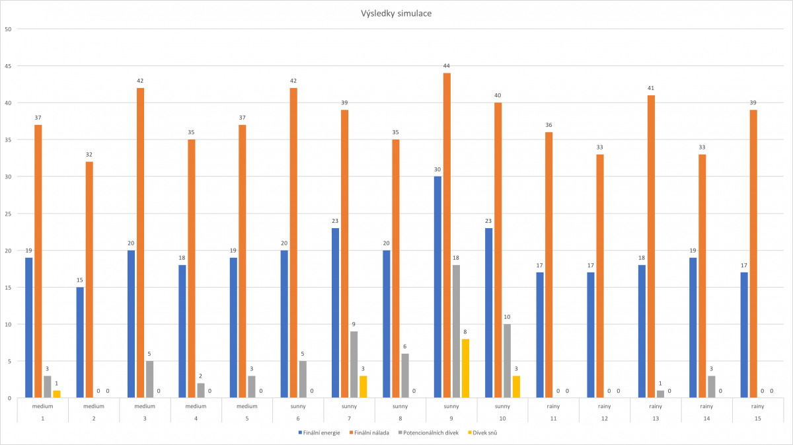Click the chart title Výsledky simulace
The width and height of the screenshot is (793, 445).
pyautogui.click(x=397, y=13)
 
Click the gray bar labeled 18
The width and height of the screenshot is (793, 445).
pyautogui.click(x=456, y=331)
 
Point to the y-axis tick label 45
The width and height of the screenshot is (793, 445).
pyautogui.click(x=8, y=66)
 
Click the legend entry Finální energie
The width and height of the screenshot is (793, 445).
pyautogui.click(x=321, y=433)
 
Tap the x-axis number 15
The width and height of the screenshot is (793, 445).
pyautogui.click(x=758, y=417)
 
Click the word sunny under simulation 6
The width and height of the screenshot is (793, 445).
pyautogui.click(x=298, y=407)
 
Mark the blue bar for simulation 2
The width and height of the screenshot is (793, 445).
pyautogui.click(x=80, y=343)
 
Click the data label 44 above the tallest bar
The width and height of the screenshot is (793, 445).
pyautogui.click(x=447, y=66)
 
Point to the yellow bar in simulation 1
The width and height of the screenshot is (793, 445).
pyautogui.click(x=56, y=394)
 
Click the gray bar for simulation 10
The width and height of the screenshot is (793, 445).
pyautogui.click(x=507, y=361)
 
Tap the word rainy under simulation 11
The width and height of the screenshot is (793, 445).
pyautogui.click(x=554, y=407)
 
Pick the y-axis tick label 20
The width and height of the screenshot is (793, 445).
pyautogui.click(x=8, y=251)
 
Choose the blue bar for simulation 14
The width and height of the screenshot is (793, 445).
pyautogui.click(x=693, y=328)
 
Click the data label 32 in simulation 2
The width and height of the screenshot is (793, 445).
pyautogui.click(x=89, y=155)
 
